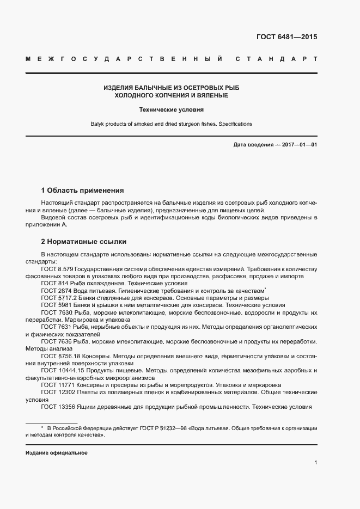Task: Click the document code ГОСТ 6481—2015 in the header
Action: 286,37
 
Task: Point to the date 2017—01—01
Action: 297,145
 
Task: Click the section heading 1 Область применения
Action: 83,191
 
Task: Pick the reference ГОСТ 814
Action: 53,284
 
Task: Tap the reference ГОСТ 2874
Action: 55,291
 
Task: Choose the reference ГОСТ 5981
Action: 55,305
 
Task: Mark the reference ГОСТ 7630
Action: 55,313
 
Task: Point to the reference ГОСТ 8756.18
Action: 60,355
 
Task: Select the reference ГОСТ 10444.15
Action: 62,370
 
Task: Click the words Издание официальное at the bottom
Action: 57,453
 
